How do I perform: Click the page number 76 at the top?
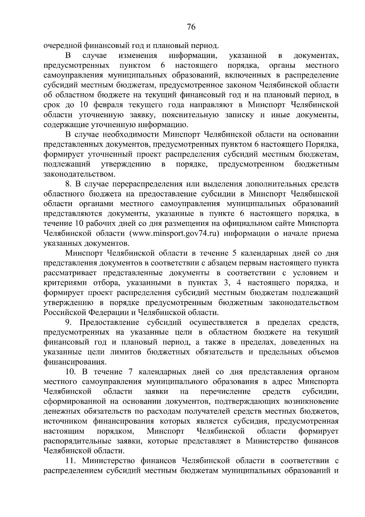(x=191, y=27)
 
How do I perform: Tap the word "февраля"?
(x=103, y=105)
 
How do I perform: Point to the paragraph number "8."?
(x=69, y=184)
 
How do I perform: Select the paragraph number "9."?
(x=69, y=322)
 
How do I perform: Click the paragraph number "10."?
(x=71, y=372)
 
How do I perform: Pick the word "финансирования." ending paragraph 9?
(x=75, y=362)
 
